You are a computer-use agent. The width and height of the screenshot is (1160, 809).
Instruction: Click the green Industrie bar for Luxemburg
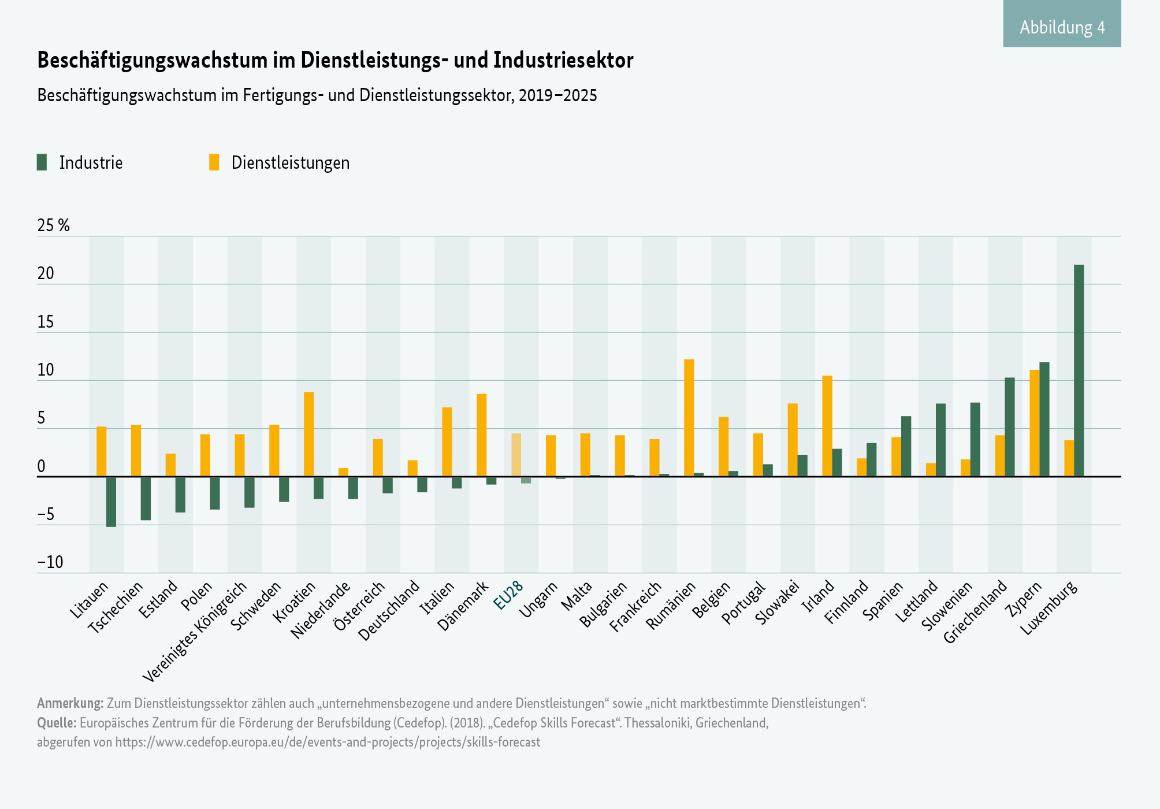[x=1079, y=370]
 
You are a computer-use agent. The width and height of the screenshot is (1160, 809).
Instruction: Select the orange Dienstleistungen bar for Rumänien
[x=689, y=418]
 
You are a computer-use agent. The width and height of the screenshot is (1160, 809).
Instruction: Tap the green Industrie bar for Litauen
[x=111, y=502]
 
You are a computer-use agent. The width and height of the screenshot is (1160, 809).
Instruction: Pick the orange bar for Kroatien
[x=308, y=434]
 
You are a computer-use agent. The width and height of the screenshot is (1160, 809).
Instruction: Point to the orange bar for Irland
[x=827, y=426]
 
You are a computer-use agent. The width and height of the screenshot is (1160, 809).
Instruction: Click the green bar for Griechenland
[x=1009, y=427]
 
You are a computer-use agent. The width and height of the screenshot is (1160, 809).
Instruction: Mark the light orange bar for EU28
[x=516, y=455]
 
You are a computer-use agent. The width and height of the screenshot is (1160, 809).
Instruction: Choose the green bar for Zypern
[x=1044, y=419]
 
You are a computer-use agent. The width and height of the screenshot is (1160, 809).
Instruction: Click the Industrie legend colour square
[x=42, y=162]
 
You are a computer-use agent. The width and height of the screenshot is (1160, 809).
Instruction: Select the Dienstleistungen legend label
[x=290, y=163]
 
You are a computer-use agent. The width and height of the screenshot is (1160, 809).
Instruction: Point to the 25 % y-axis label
[x=53, y=225]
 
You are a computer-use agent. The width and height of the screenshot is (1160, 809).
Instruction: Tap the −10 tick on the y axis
[x=50, y=562]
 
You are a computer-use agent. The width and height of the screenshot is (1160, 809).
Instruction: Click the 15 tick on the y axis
[x=46, y=322]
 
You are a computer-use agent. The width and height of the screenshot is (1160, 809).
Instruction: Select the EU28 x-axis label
[x=508, y=595]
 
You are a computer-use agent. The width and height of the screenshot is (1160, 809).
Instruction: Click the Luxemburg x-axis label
[x=1049, y=608]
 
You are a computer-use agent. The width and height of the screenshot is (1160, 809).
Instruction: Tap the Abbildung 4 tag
[x=1062, y=27]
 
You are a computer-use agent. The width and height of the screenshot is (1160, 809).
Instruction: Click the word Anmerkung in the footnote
[x=70, y=703]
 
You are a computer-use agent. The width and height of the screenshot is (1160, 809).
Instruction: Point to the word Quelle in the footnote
[x=57, y=723]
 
